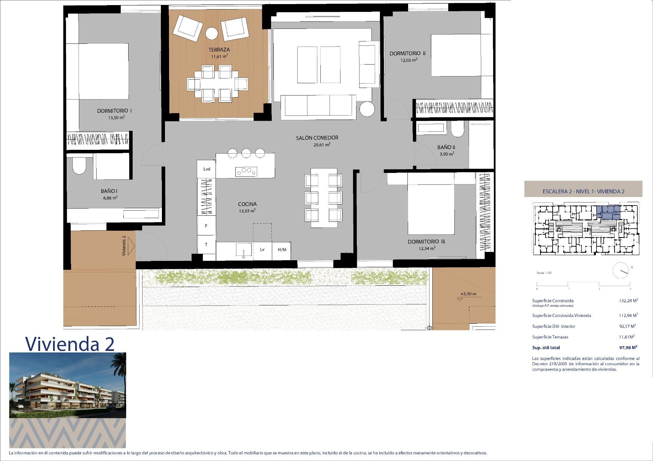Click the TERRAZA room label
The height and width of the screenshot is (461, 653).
(x=219, y=50)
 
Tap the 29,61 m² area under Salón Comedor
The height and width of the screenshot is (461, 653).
(x=322, y=144)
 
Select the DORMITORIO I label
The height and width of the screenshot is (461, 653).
(x=115, y=111)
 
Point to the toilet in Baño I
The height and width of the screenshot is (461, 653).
(x=79, y=166)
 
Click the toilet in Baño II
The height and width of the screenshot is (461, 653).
(x=457, y=129)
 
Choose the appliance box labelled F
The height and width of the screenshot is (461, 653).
(x=206, y=226)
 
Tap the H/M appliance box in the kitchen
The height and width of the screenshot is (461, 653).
(x=282, y=250)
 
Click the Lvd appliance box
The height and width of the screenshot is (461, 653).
(x=206, y=169)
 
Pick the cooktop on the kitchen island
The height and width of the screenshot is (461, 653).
(x=246, y=172)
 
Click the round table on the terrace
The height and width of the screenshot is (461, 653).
(x=212, y=34)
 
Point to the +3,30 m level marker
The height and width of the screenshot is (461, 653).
(x=468, y=294)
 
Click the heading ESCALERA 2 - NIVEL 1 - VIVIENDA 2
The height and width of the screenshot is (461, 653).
(x=583, y=191)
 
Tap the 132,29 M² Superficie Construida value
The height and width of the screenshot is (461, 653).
(x=628, y=301)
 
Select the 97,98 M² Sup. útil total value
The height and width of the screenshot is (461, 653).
(x=628, y=348)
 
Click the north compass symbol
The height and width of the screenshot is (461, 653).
(x=621, y=270)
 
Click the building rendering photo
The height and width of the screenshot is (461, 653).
(x=67, y=385)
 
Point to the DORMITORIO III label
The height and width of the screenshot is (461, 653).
(x=426, y=242)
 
